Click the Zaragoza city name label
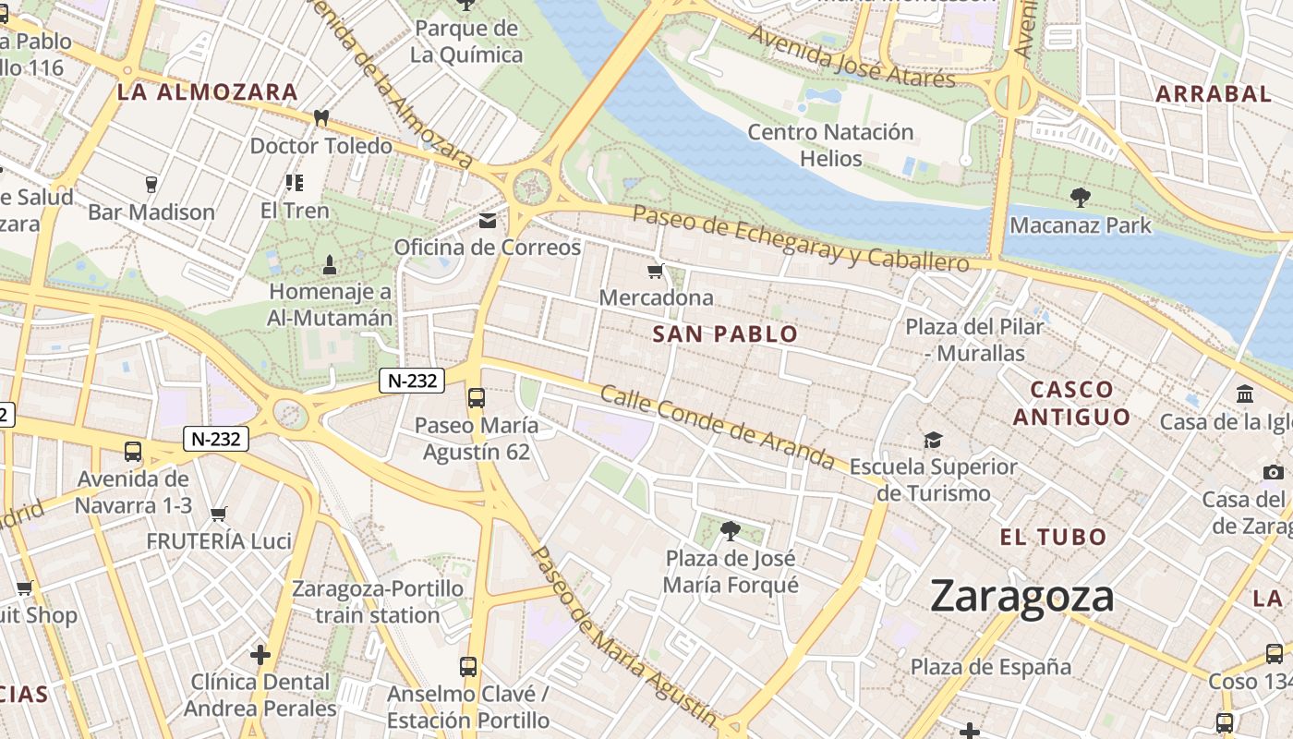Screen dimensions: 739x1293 (x=1022, y=596)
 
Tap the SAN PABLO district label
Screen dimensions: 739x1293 (x=725, y=334)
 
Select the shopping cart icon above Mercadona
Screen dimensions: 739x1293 (x=656, y=271)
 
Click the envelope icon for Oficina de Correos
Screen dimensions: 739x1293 (x=487, y=221)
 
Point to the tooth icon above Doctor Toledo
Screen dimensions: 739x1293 (x=321, y=118)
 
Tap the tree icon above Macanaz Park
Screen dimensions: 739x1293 (x=1080, y=197)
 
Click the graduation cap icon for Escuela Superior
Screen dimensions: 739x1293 (x=933, y=440)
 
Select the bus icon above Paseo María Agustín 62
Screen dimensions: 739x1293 (x=476, y=398)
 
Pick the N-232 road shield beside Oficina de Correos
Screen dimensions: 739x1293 (x=412, y=380)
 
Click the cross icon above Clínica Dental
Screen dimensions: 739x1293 (x=260, y=655)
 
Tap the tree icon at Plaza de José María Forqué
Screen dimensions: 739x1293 (x=730, y=531)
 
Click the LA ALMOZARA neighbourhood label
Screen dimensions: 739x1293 (x=208, y=92)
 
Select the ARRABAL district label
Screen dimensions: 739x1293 (x=1214, y=93)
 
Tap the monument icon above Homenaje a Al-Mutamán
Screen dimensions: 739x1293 (x=330, y=266)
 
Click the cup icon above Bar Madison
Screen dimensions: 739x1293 (x=151, y=185)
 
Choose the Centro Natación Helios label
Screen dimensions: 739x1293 (x=830, y=145)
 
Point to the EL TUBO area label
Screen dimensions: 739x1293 (x=1053, y=537)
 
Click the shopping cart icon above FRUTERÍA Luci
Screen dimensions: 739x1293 (x=219, y=514)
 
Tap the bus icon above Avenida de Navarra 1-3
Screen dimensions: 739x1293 (x=133, y=452)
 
